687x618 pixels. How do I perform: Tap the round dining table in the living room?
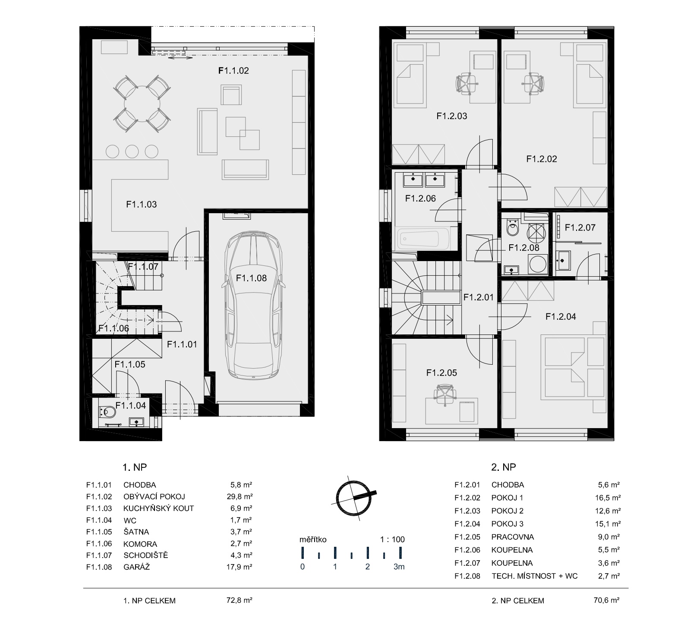click(142, 104)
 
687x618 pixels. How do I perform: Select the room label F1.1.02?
click(233, 70)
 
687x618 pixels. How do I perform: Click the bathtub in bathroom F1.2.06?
click(425, 238)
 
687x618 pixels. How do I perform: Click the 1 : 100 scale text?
click(392, 539)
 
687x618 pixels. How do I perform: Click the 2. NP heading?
click(504, 467)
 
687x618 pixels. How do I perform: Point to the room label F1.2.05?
click(441, 372)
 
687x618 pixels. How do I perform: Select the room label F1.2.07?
click(580, 227)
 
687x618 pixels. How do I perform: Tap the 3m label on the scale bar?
click(399, 567)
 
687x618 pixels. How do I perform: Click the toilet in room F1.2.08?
click(513, 229)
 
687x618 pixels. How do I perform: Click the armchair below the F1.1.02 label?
click(231, 95)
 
